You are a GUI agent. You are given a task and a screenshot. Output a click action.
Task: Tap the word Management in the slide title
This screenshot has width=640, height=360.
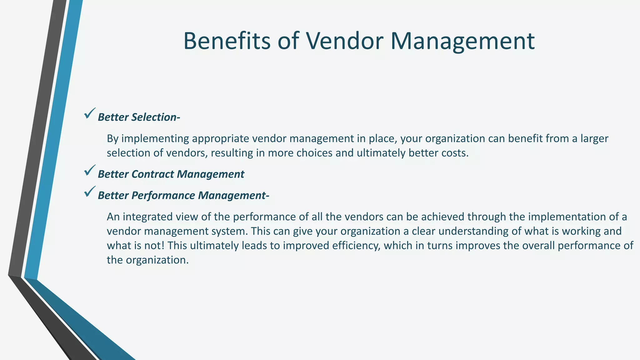click(462, 42)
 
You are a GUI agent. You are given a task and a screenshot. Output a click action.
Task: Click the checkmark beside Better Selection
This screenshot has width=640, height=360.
click(89, 113)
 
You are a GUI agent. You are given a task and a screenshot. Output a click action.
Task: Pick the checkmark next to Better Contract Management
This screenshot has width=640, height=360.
click(89, 170)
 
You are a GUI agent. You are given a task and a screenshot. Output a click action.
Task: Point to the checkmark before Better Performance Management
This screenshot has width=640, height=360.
click(89, 192)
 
